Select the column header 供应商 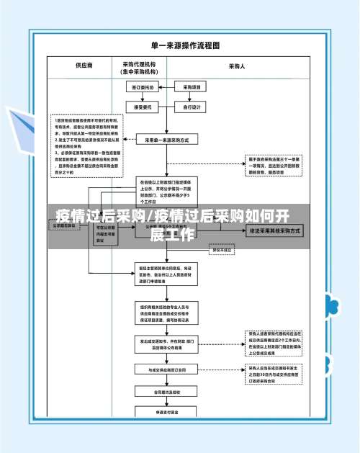tap(84, 66)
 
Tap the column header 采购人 tap(237, 66)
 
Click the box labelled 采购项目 tap(192, 88)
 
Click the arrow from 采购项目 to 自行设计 tap(192, 98)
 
